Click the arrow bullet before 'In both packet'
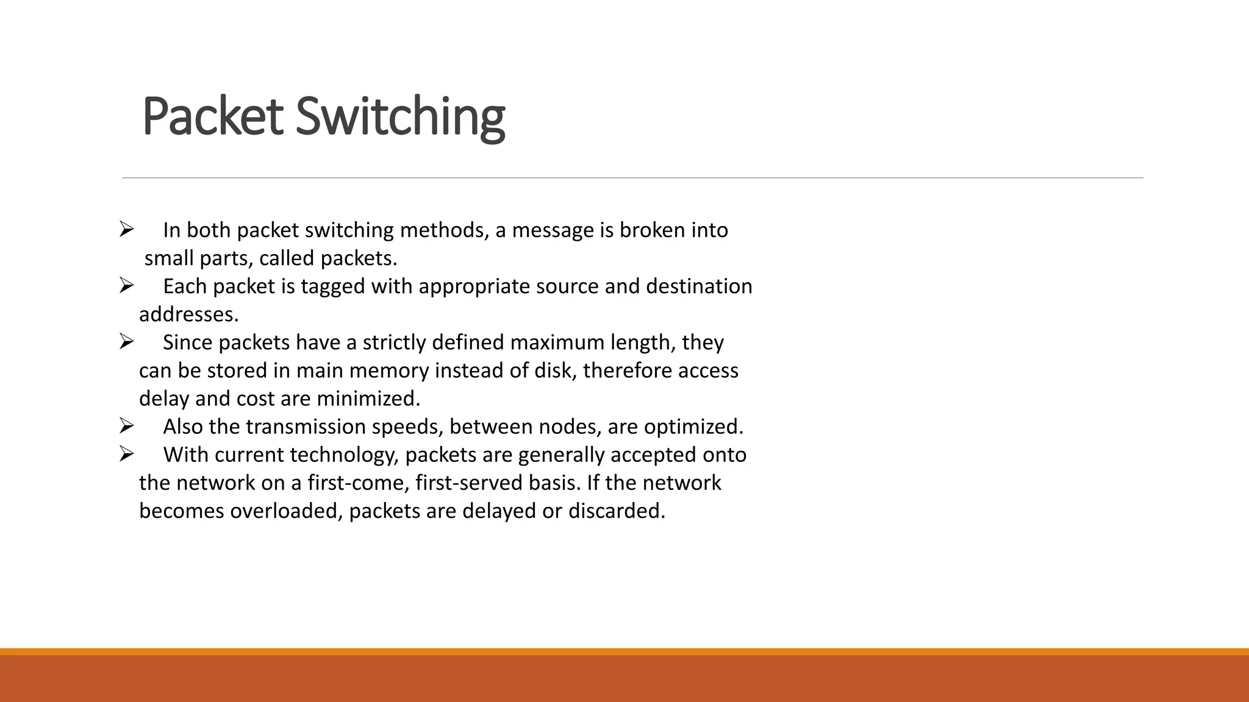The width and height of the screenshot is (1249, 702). click(x=126, y=229)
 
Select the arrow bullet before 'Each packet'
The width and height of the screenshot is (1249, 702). click(x=126, y=285)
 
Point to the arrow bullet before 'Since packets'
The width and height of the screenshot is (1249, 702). click(x=126, y=341)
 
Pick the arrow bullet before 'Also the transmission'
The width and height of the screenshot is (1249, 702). click(x=126, y=425)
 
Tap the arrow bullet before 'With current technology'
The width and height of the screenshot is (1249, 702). click(x=126, y=453)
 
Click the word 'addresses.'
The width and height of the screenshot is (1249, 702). click(x=188, y=314)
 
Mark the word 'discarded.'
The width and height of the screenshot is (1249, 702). click(x=617, y=511)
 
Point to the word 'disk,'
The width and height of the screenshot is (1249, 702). click(x=555, y=370)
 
